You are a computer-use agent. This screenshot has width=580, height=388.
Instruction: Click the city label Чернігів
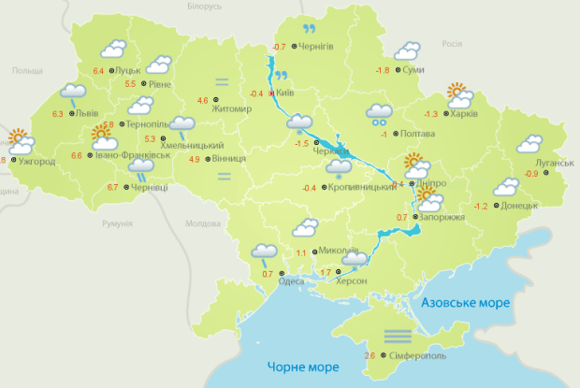(319, 46)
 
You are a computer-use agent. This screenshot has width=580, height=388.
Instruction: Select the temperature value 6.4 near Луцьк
(99, 70)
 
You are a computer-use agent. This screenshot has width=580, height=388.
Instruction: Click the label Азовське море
(465, 304)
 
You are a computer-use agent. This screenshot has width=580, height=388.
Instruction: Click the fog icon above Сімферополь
(396, 334)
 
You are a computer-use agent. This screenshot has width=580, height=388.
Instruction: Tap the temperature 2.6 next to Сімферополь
(370, 356)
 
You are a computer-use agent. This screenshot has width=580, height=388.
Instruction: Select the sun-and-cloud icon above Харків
(458, 94)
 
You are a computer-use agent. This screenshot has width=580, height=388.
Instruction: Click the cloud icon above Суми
(407, 50)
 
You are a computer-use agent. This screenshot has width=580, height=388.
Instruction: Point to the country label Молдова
(202, 223)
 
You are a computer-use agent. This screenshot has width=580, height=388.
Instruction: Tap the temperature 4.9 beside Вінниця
(195, 158)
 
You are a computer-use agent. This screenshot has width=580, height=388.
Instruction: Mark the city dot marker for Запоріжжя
(415, 217)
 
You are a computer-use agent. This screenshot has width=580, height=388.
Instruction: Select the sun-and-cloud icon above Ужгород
(21, 142)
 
